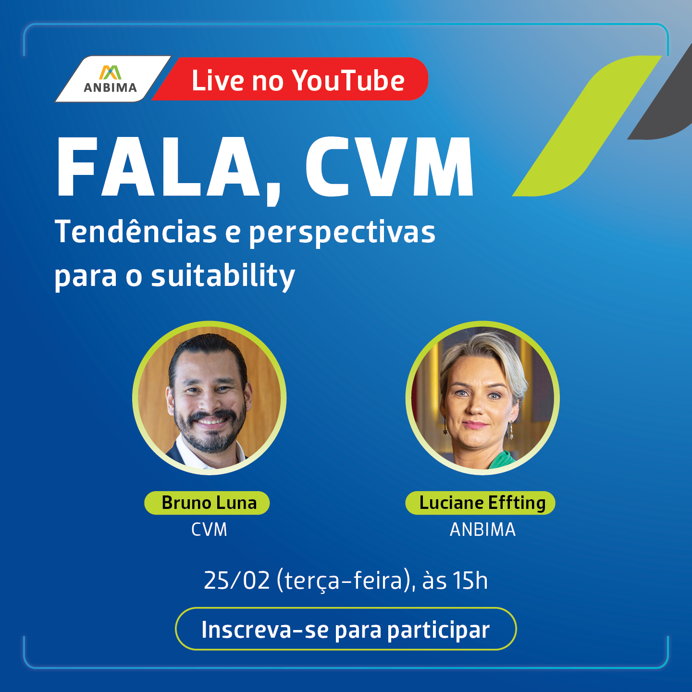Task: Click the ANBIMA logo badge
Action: tap(112, 79)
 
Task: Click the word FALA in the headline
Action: tap(158, 167)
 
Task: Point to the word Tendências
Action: tap(136, 232)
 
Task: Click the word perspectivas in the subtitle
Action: tap(342, 234)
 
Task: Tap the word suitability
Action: tap(223, 276)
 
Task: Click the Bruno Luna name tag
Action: tap(207, 503)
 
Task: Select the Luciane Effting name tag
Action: tap(481, 503)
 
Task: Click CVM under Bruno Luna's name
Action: tap(209, 530)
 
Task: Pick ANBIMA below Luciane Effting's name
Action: tap(482, 530)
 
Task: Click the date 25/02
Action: tap(236, 581)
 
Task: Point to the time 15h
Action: tap(470, 581)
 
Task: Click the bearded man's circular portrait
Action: tap(210, 398)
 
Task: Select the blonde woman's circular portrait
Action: tap(482, 398)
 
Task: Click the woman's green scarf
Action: tap(501, 460)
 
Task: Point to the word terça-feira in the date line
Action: tap(344, 581)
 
